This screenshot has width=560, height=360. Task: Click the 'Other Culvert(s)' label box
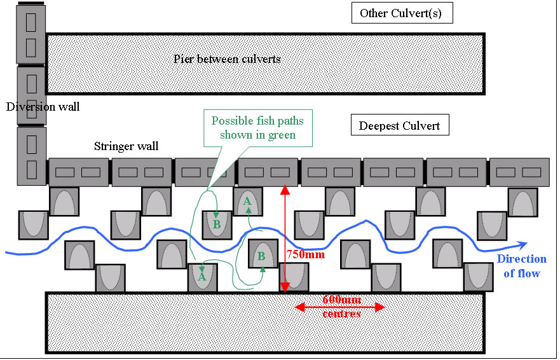pyautogui.click(x=402, y=13)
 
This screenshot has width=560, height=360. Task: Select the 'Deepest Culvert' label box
pyautogui.click(x=400, y=125)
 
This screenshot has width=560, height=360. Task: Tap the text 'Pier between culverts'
pyautogui.click(x=227, y=59)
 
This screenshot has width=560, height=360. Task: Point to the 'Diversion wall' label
pyautogui.click(x=43, y=107)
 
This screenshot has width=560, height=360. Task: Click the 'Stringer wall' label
pyautogui.click(x=126, y=147)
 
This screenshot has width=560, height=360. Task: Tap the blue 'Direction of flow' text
pyautogui.click(x=521, y=266)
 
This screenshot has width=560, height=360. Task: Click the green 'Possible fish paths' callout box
pyautogui.click(x=257, y=127)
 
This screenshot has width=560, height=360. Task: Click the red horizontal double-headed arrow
pyautogui.click(x=341, y=308)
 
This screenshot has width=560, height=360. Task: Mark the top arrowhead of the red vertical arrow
pyautogui.click(x=285, y=188)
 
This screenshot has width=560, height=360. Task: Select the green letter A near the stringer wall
pyautogui.click(x=247, y=201)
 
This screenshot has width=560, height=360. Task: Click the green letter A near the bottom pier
pyautogui.click(x=202, y=277)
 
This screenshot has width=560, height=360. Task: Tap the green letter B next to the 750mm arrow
pyautogui.click(x=261, y=257)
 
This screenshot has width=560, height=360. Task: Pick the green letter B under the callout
pyautogui.click(x=216, y=225)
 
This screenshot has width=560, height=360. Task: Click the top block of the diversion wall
pyautogui.click(x=31, y=32)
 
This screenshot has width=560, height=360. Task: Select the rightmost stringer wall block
pyautogui.click(x=519, y=172)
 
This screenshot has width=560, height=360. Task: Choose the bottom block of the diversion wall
pyautogui.click(x=31, y=156)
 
